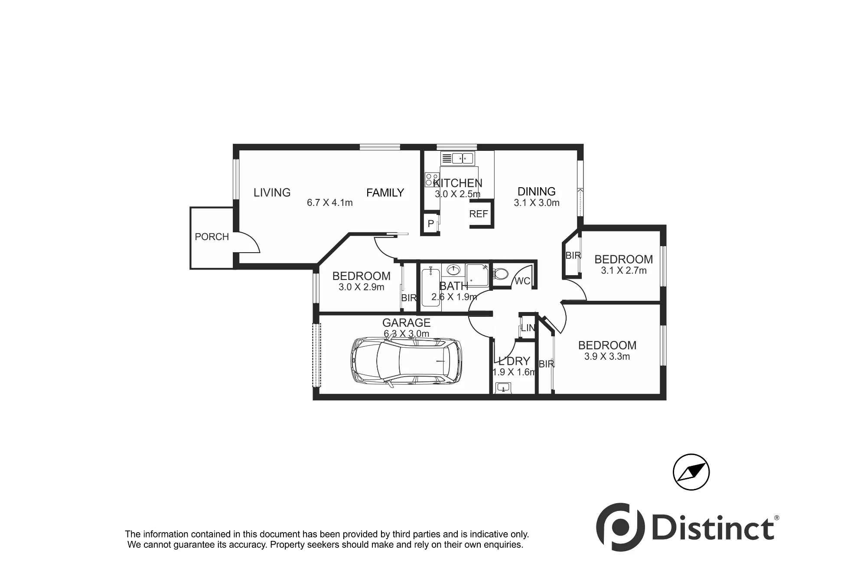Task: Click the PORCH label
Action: click(x=212, y=237)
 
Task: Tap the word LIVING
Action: click(x=272, y=192)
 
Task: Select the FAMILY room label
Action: click(x=385, y=192)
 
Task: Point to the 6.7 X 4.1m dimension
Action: click(x=329, y=202)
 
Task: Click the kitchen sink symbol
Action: click(x=458, y=158)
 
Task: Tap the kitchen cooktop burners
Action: click(x=431, y=180)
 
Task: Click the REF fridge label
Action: click(x=479, y=214)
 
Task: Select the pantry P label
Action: click(x=430, y=224)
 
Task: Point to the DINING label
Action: click(x=537, y=191)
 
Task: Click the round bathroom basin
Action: click(x=453, y=270)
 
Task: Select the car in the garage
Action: click(x=406, y=361)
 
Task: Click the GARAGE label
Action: click(x=406, y=322)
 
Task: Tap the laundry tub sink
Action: click(x=503, y=387)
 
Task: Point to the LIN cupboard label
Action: click(x=528, y=328)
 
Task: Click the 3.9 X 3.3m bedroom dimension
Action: click(x=607, y=356)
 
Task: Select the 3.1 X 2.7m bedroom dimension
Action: click(x=623, y=270)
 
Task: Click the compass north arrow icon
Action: click(x=691, y=472)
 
